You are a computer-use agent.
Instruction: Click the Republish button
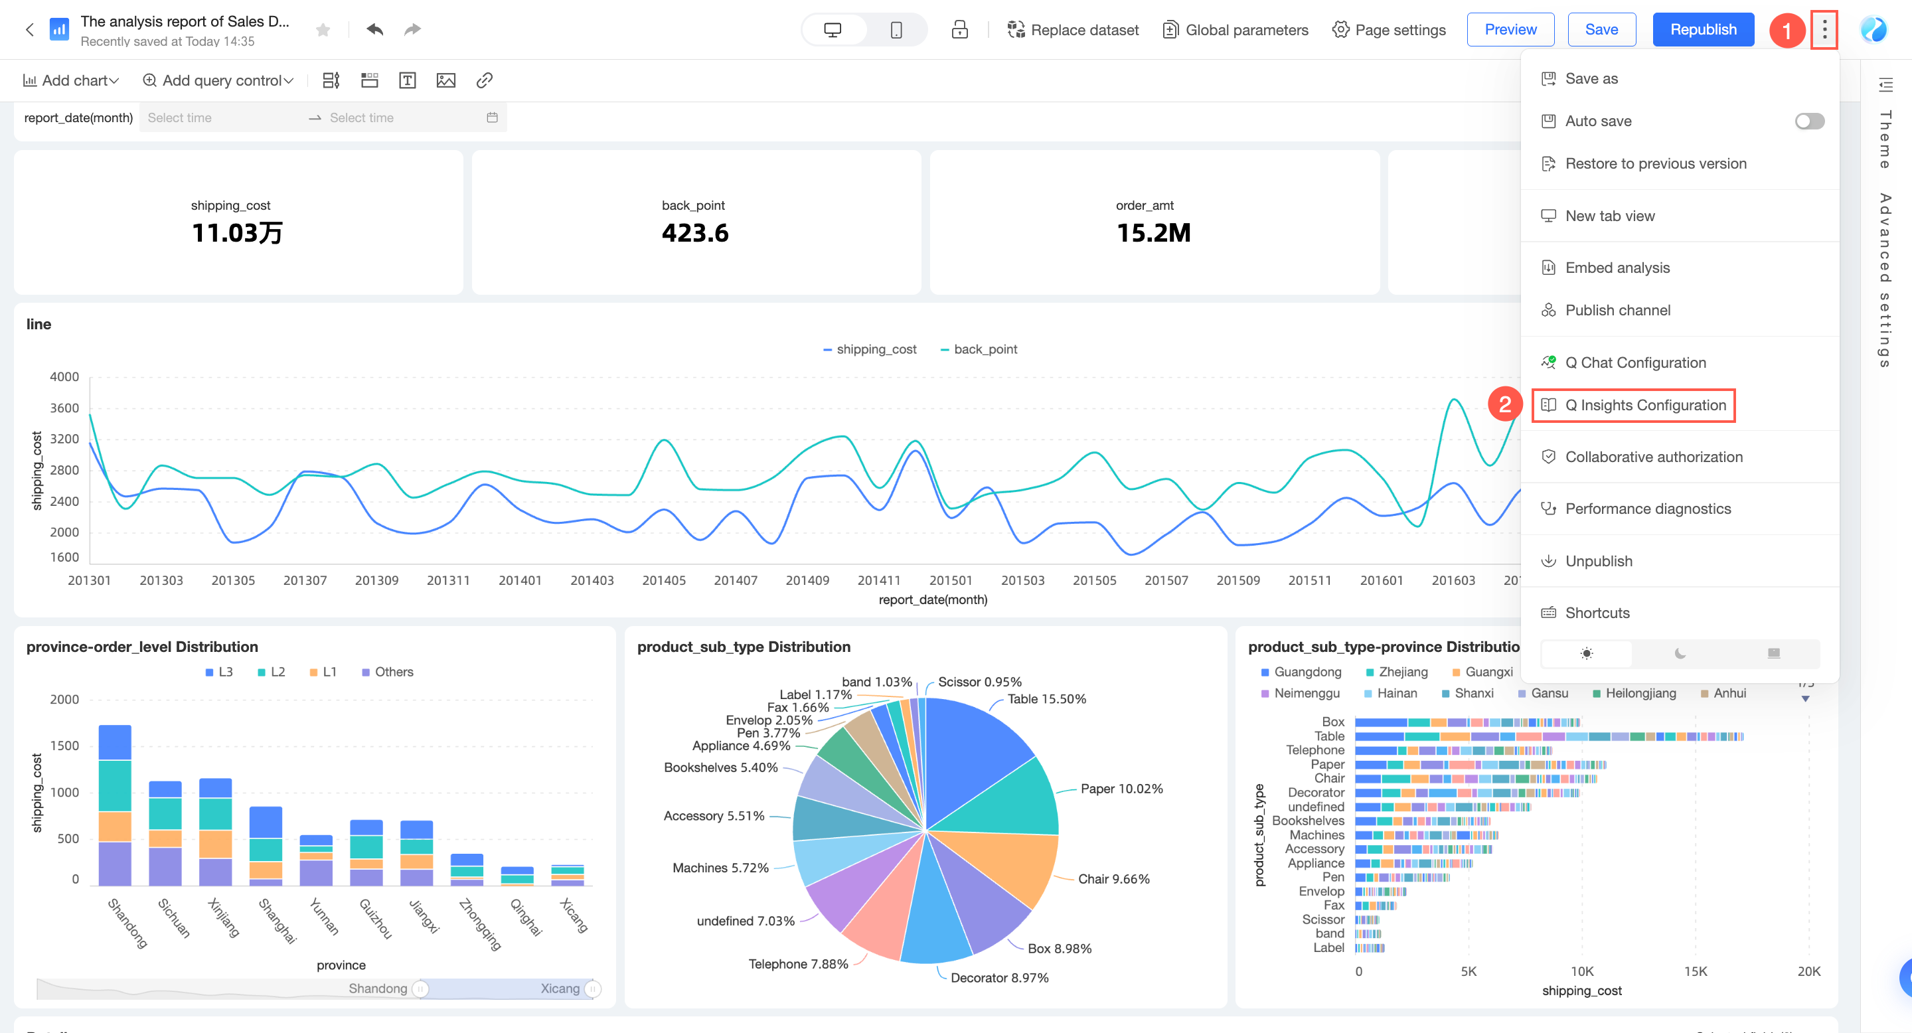[x=1703, y=30]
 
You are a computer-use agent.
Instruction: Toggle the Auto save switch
[x=1809, y=121]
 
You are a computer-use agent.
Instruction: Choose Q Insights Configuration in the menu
[x=1645, y=405]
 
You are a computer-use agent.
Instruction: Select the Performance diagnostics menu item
[x=1647, y=509]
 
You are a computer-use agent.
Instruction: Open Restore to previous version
[x=1655, y=163]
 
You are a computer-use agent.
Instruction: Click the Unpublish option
[x=1598, y=561]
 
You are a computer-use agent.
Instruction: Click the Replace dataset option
[x=1073, y=30]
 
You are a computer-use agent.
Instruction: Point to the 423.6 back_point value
[x=694, y=233]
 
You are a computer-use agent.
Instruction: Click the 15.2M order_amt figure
[x=1153, y=233]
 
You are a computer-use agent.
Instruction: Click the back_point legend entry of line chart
[x=979, y=349]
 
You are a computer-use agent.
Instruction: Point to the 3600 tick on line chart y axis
[x=64, y=408]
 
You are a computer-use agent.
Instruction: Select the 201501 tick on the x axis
[x=950, y=580]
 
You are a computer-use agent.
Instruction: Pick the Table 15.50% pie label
[x=1046, y=699]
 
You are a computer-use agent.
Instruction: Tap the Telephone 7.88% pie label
[x=798, y=964]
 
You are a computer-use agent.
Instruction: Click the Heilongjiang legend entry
[x=1640, y=693]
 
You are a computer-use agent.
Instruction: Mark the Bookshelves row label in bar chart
[x=1308, y=821]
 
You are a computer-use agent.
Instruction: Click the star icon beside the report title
[x=323, y=30]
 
